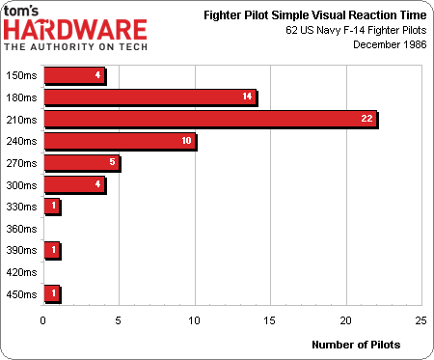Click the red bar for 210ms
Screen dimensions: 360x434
tap(210, 119)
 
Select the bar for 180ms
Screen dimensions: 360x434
tap(149, 97)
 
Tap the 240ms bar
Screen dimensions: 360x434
tap(120, 141)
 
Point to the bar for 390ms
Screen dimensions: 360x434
tap(52, 250)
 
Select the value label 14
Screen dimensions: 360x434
tap(247, 97)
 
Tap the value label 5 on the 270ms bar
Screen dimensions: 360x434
tap(111, 163)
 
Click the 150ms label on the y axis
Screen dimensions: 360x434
tap(21, 74)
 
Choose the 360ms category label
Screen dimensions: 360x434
tap(21, 229)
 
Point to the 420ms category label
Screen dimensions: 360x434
tap(21, 272)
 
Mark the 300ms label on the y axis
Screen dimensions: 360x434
tap(21, 184)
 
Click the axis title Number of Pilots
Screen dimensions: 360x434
tap(356, 344)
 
